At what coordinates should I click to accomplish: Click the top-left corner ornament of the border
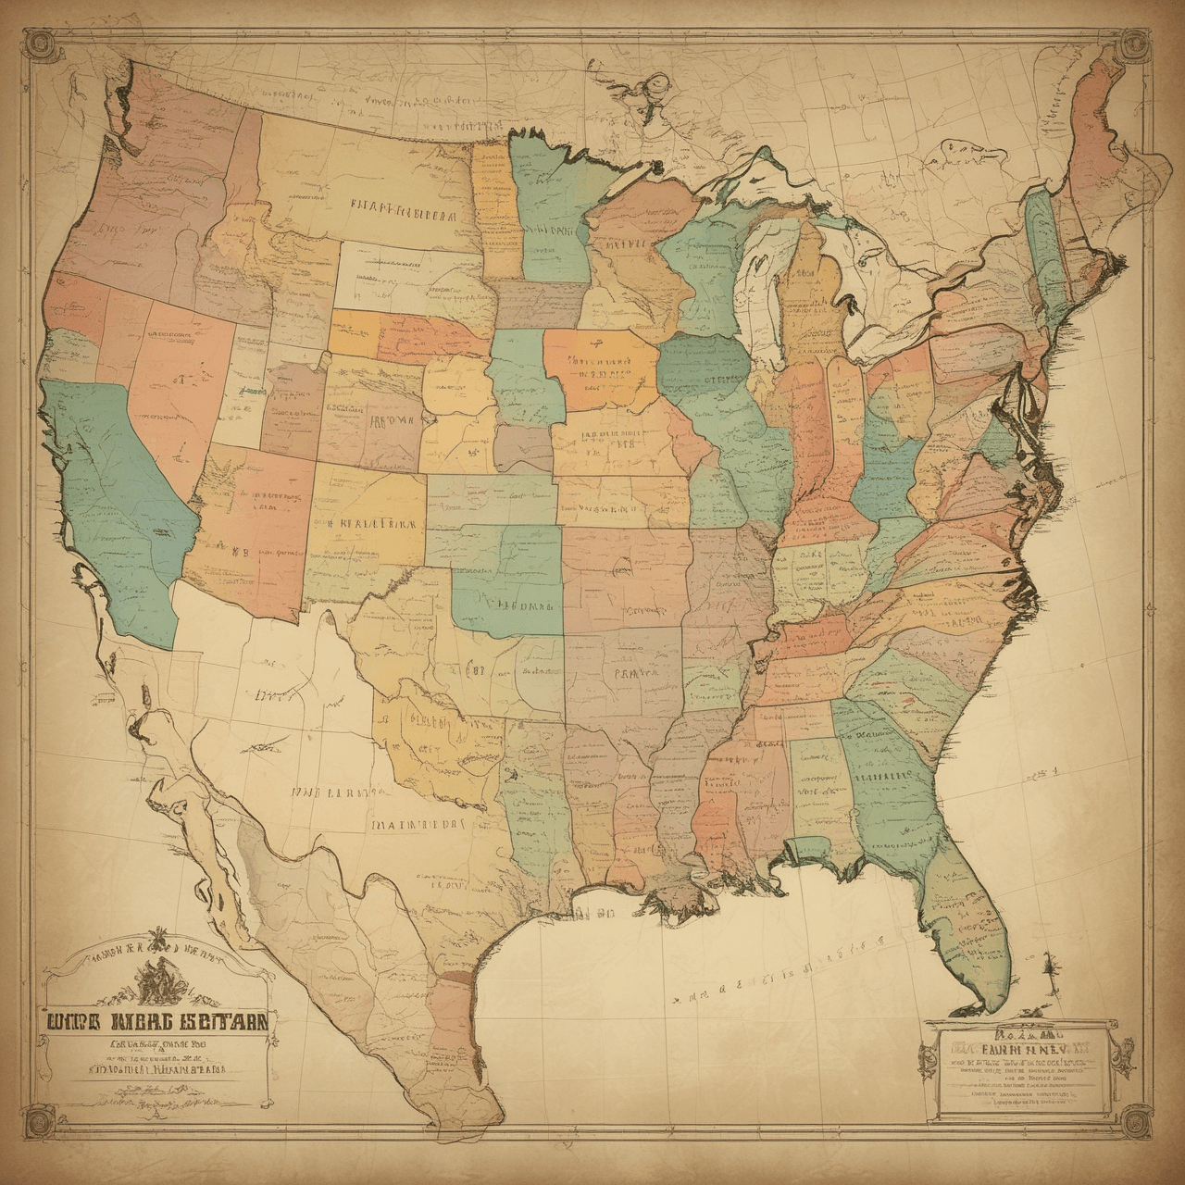point(39,41)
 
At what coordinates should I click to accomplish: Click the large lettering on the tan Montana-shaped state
point(403,213)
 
